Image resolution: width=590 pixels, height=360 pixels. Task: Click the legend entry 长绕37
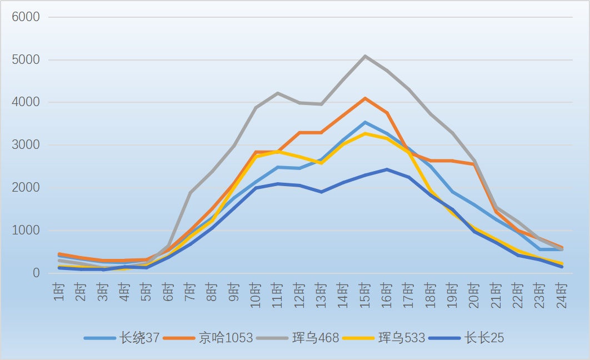(122, 338)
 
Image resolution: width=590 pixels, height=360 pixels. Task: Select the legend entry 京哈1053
(208, 338)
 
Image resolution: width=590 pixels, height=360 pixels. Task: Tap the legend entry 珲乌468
(298, 338)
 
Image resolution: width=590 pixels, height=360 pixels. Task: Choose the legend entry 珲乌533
(384, 338)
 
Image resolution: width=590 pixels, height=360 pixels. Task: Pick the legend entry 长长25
(466, 338)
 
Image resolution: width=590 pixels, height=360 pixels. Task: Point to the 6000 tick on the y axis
(26, 17)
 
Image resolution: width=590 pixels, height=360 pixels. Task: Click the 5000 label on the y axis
(26, 59)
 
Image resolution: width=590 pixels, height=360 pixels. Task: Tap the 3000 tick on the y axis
(26, 145)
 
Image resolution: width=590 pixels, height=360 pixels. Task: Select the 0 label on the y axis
(36, 273)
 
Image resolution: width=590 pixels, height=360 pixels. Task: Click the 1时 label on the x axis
(59, 292)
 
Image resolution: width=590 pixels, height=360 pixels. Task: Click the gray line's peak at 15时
(365, 56)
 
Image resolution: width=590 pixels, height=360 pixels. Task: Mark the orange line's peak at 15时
(365, 98)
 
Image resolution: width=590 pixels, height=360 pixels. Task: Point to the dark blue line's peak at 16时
(387, 169)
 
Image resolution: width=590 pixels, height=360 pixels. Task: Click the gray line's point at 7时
(191, 193)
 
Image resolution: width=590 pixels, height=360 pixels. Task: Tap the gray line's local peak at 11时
(278, 93)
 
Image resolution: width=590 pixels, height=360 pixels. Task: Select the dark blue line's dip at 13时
(321, 192)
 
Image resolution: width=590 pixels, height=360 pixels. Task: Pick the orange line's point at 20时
(474, 164)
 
